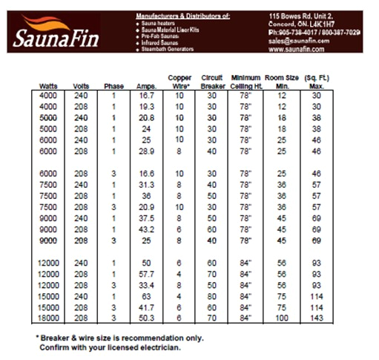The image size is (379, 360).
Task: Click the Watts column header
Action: [x=48, y=86]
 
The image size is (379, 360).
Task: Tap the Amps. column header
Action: [x=147, y=86]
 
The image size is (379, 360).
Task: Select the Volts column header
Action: [x=82, y=86]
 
